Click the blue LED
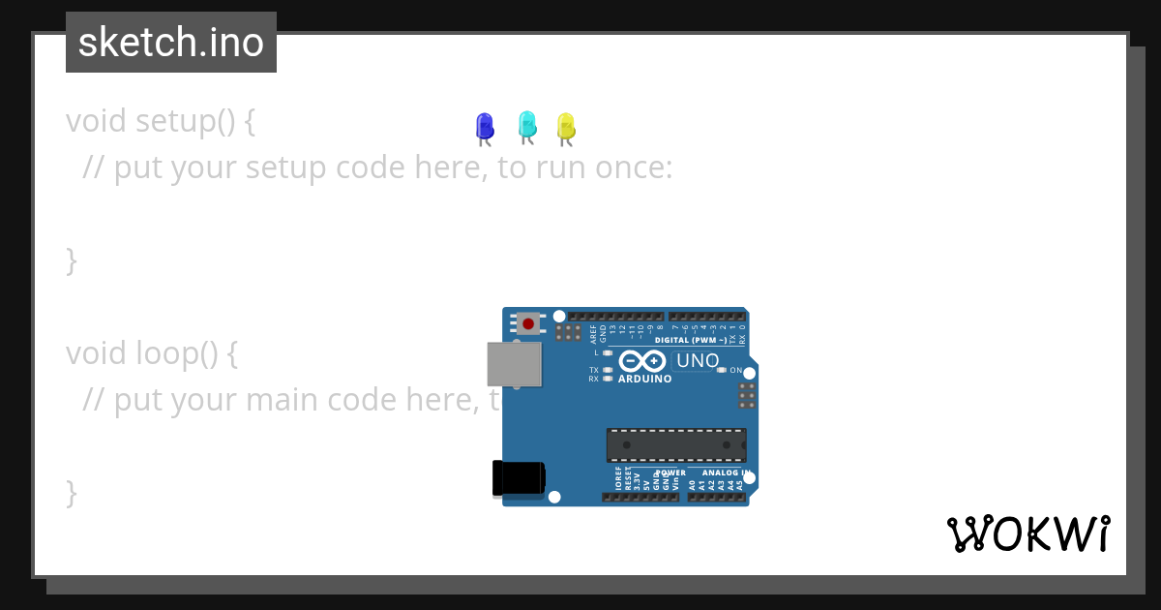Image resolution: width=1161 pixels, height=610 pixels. [485, 126]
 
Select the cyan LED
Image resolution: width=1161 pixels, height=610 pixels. [527, 124]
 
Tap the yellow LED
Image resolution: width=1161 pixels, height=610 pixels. [566, 126]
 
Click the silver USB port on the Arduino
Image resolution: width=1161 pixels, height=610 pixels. [514, 364]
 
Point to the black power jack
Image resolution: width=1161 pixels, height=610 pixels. [518, 477]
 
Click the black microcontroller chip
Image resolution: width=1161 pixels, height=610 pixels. [676, 444]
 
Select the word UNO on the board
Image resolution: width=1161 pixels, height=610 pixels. [698, 361]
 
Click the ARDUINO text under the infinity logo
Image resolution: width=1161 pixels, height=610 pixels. [644, 379]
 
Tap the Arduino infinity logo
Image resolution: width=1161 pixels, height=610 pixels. [642, 361]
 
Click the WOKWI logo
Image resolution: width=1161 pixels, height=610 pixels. [1027, 534]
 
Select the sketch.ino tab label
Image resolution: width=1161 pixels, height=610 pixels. [171, 43]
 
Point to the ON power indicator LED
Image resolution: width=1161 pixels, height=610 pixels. [722, 371]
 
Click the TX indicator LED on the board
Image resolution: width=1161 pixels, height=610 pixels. [608, 370]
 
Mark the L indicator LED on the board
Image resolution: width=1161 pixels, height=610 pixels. [608, 353]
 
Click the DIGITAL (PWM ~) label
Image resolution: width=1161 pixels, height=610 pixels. [691, 340]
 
